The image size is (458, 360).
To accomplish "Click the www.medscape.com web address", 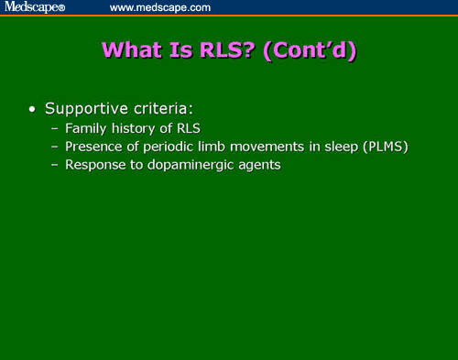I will [x=159, y=7].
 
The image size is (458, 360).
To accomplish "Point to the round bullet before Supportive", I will [x=33, y=110].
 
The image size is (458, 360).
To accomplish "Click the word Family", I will [x=85, y=129].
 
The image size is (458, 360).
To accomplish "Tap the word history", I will [x=134, y=129].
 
